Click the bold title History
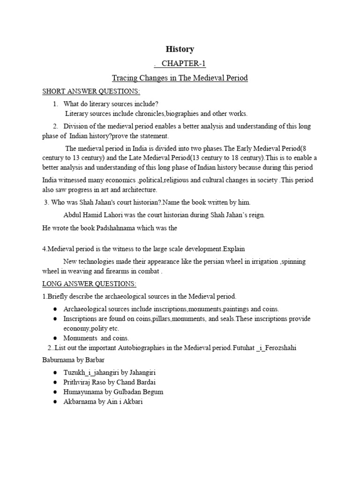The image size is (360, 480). pos(180,49)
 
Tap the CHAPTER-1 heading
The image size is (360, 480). pos(180,64)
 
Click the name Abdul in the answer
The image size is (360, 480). pos(72,215)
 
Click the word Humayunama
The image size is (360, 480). pos(85,392)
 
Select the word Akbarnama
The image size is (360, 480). pos(81,402)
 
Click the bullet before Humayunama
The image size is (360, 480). pos(55,392)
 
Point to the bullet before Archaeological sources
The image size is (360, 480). pos(55,309)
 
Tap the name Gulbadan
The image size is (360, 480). pos(130,392)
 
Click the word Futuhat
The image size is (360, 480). pos(250,347)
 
